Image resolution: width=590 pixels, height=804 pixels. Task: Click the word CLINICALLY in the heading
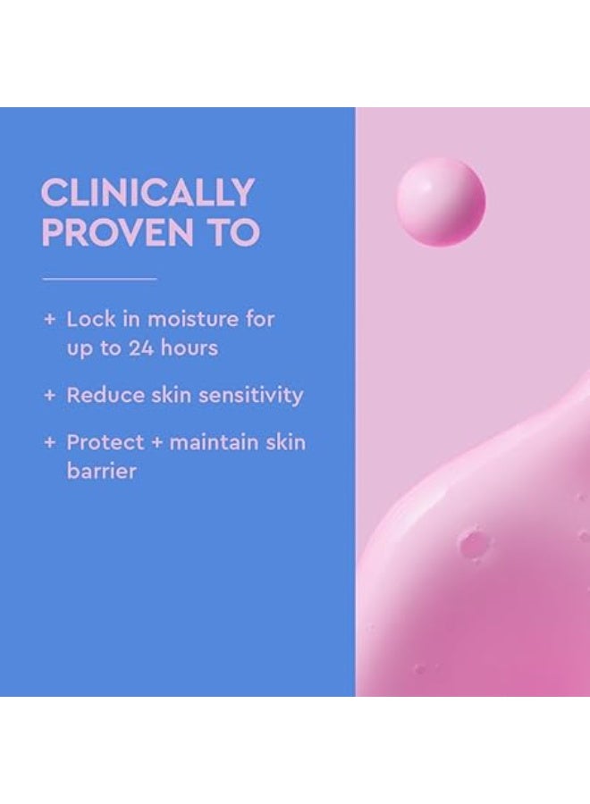pyautogui.click(x=147, y=192)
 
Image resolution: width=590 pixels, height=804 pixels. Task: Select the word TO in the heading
pyautogui.click(x=234, y=232)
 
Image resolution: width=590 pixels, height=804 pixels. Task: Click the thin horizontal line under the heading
pyautogui.click(x=99, y=279)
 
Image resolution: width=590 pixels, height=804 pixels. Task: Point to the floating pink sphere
pyautogui.click(x=441, y=202)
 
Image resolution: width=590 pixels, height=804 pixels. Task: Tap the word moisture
pyautogui.click(x=191, y=319)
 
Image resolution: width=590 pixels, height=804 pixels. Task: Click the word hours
pyautogui.click(x=189, y=347)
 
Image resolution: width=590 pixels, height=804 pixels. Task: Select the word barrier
pyautogui.click(x=101, y=471)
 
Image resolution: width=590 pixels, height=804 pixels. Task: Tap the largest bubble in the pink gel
pyautogui.click(x=471, y=541)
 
